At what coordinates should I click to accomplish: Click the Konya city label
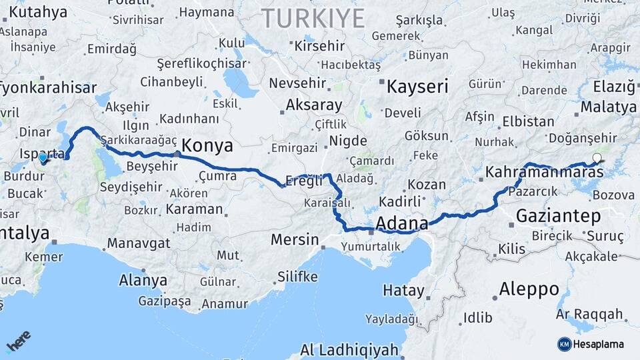(207, 145)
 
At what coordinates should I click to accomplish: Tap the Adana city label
(402, 222)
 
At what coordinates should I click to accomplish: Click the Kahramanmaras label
(544, 172)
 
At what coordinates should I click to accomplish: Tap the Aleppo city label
(529, 289)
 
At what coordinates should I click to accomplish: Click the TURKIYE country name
(313, 18)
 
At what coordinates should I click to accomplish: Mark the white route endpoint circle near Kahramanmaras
(597, 159)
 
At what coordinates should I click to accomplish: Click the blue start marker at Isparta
(43, 159)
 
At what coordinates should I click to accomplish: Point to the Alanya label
(143, 280)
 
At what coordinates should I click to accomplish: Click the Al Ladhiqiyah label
(349, 349)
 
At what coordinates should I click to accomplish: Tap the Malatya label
(608, 107)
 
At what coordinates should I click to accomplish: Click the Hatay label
(403, 291)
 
